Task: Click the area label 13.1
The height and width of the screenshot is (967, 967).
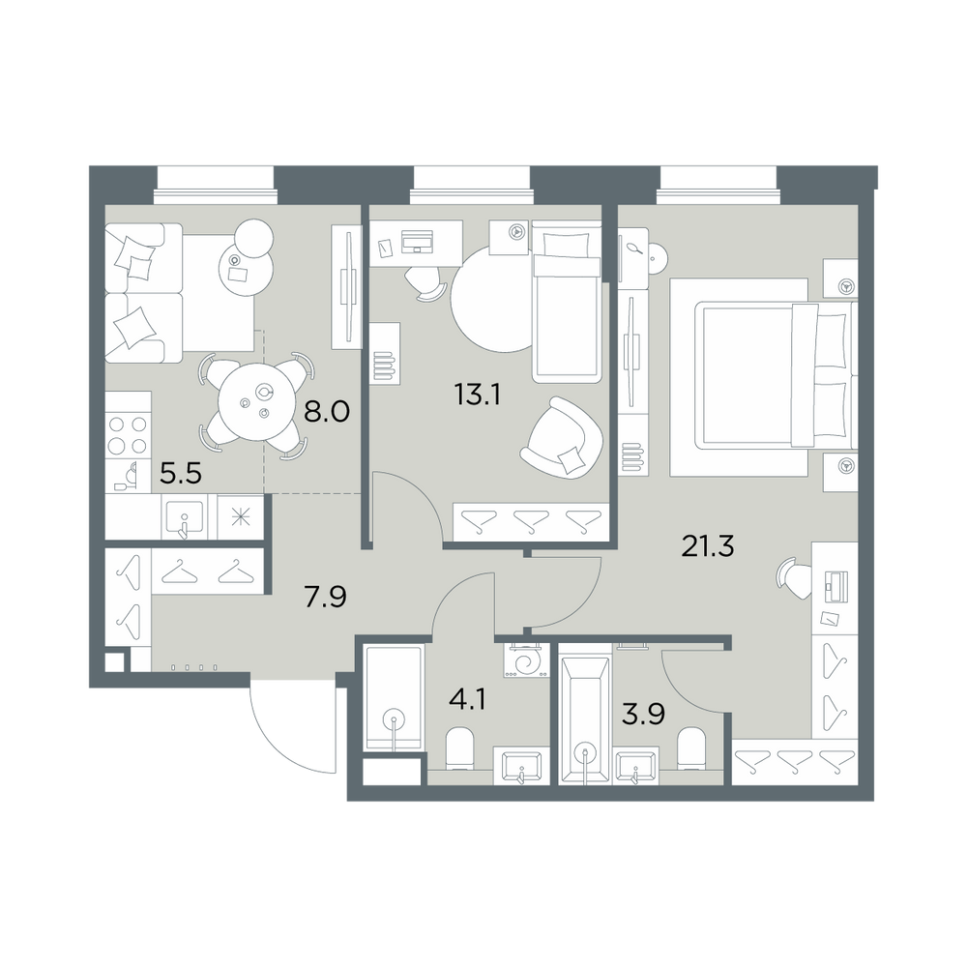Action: point(477,395)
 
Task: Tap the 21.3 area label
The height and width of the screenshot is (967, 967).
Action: point(708,545)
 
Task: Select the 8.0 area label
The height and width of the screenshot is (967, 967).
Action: point(327,410)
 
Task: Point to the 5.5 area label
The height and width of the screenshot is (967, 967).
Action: point(181,474)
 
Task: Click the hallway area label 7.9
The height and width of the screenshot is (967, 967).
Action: point(326,597)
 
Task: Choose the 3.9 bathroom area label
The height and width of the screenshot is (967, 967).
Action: point(643,715)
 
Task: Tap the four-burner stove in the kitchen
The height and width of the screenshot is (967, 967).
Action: point(128,434)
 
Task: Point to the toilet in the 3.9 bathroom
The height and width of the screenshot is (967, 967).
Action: point(690,748)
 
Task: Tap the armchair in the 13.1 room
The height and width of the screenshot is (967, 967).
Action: point(562,437)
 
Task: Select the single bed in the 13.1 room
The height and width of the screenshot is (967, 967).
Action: point(567,302)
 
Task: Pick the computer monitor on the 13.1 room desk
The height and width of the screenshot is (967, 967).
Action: point(417,241)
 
